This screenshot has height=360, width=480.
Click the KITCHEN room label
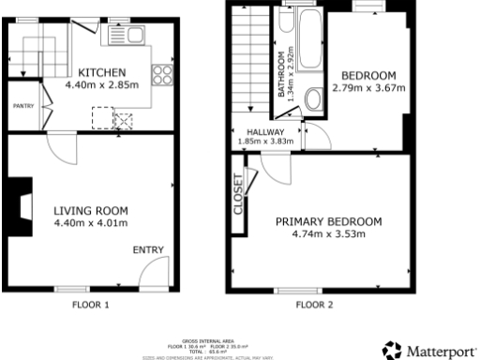[97, 73]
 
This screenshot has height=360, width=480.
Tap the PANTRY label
[22, 107]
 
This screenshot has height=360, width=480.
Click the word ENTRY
[148, 249]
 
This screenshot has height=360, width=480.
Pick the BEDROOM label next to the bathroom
[367, 76]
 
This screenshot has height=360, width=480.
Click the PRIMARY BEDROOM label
[328, 221]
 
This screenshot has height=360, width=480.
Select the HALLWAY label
[265, 132]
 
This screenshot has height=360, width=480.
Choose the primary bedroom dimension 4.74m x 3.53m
[328, 234]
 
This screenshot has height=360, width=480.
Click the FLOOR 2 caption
[314, 305]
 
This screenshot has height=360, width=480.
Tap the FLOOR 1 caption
[91, 305]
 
